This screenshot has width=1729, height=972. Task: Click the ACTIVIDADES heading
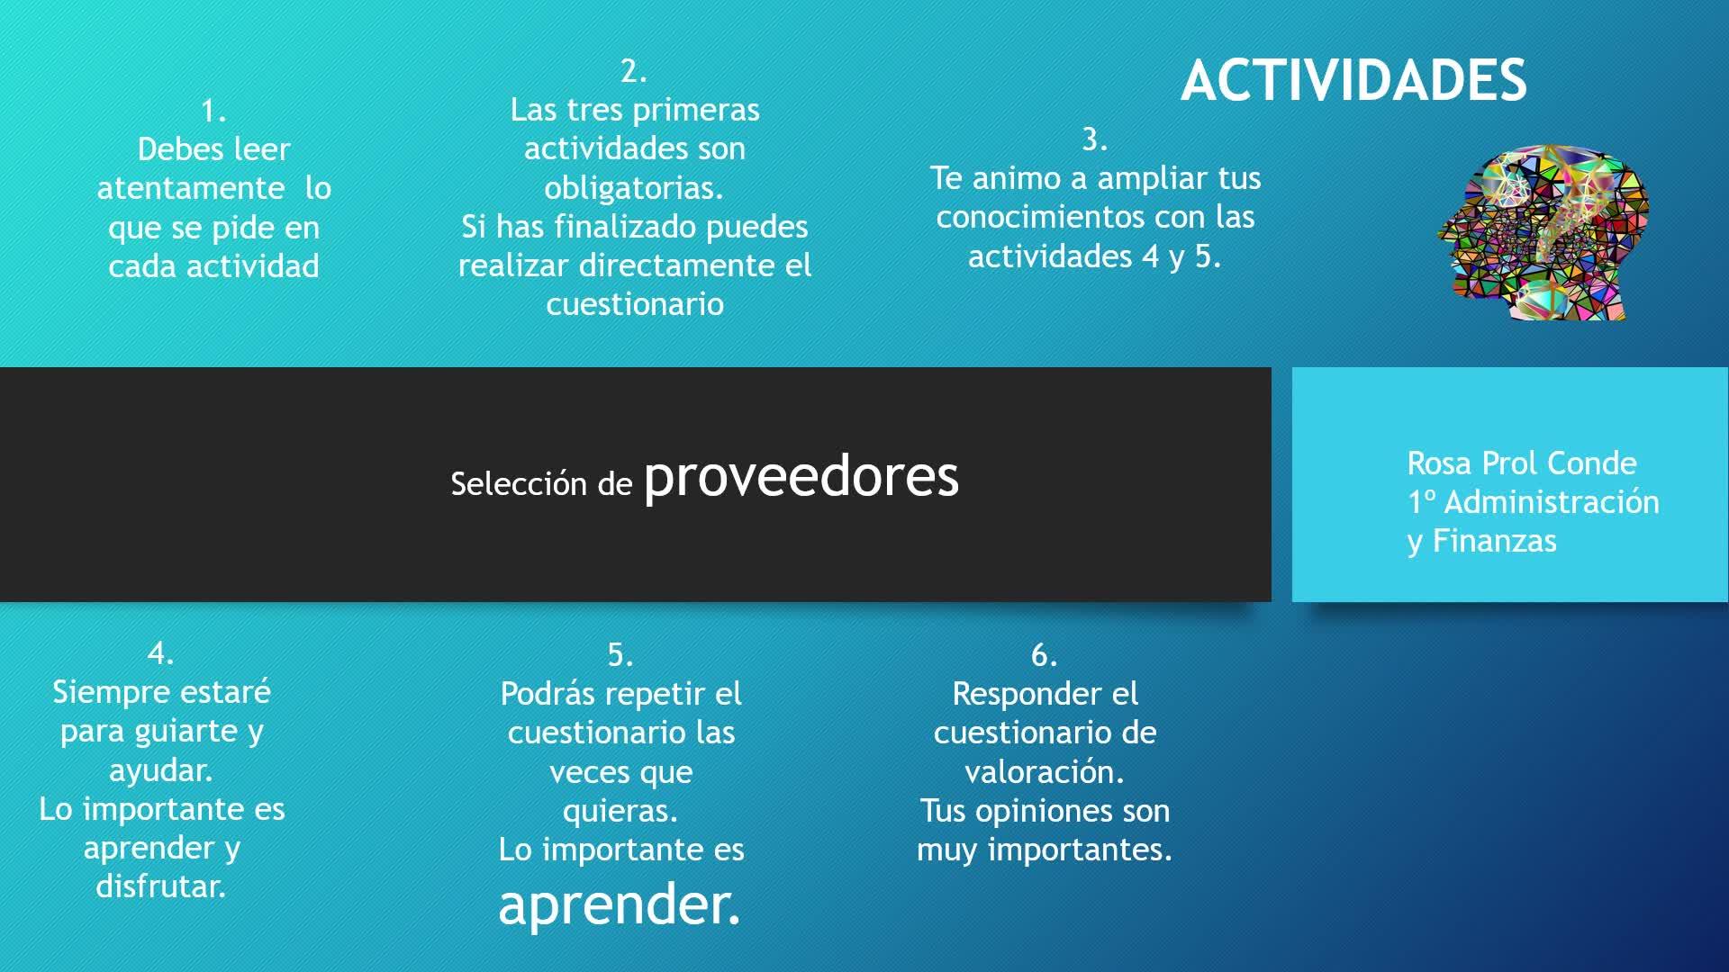point(1353,80)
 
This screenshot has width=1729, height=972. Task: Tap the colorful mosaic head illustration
point(1543,234)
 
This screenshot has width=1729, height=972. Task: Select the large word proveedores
point(801,477)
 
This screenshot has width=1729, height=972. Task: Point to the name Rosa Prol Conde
point(1522,463)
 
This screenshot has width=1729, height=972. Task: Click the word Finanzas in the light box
point(1495,540)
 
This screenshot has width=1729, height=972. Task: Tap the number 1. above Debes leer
point(213,111)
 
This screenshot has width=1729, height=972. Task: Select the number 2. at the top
point(634,71)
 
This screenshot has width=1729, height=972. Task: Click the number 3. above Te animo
point(1094,139)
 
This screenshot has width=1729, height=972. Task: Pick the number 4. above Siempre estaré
point(161,652)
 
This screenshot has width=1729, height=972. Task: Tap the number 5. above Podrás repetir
point(620,654)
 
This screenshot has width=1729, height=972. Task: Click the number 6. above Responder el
point(1045,654)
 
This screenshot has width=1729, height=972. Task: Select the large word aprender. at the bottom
point(620,904)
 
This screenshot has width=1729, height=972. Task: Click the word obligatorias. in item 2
point(634,187)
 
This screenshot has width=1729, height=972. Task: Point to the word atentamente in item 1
point(191,188)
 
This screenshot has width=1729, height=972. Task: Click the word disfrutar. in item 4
point(161,886)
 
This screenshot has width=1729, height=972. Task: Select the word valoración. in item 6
point(1045,771)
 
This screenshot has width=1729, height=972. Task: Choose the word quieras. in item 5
point(620,812)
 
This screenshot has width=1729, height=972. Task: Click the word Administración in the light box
point(1552,501)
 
